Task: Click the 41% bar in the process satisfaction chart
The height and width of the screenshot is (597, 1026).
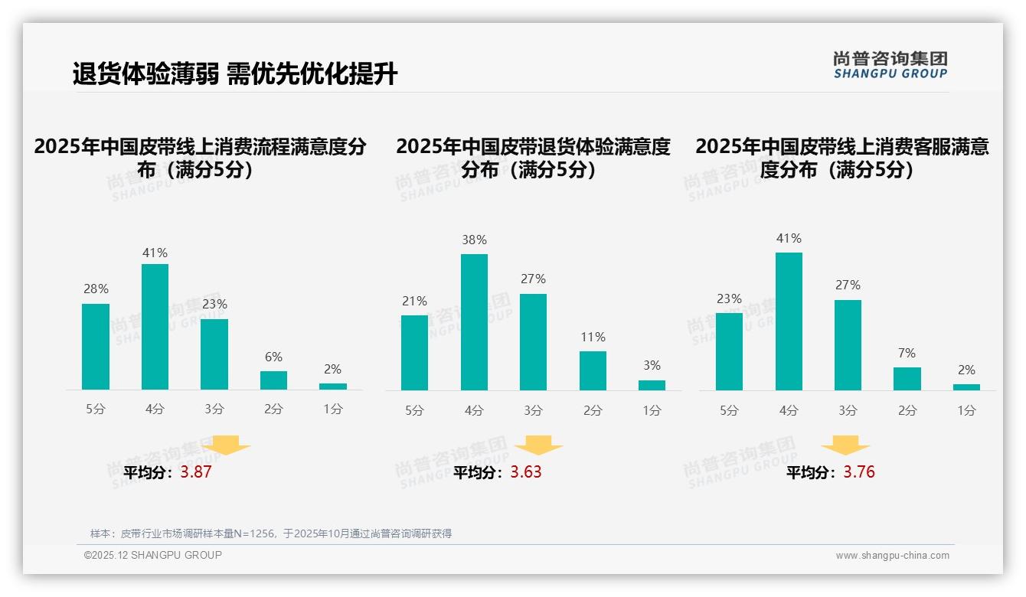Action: point(155,327)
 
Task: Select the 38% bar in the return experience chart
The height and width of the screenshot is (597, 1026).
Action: point(474,322)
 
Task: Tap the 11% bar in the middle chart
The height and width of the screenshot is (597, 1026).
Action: point(593,371)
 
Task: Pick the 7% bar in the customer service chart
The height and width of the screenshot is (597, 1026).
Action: point(907,379)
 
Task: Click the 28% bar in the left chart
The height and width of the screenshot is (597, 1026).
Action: point(96,347)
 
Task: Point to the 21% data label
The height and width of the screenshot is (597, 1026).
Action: point(414,302)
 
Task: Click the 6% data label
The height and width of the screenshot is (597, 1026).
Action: point(273,357)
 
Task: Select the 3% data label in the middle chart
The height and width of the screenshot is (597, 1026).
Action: point(652,366)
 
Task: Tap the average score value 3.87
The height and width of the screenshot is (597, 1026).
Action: point(196,472)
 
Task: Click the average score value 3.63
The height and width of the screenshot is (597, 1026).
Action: point(526,472)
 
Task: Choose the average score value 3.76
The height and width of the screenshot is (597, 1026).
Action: point(859,472)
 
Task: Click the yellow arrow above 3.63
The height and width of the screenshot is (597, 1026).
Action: point(538,445)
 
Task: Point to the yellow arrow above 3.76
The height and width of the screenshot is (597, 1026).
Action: point(845,445)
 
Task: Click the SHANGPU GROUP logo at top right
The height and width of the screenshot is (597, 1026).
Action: point(890,64)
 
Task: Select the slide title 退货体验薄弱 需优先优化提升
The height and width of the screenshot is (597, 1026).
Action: point(235,74)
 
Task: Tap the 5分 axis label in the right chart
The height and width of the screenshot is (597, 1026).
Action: point(729,411)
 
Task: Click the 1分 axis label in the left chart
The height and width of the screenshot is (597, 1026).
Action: point(332,409)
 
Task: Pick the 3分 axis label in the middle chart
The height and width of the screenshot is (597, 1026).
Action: point(533,411)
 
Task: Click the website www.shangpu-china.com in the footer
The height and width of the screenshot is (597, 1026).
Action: point(892,556)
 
